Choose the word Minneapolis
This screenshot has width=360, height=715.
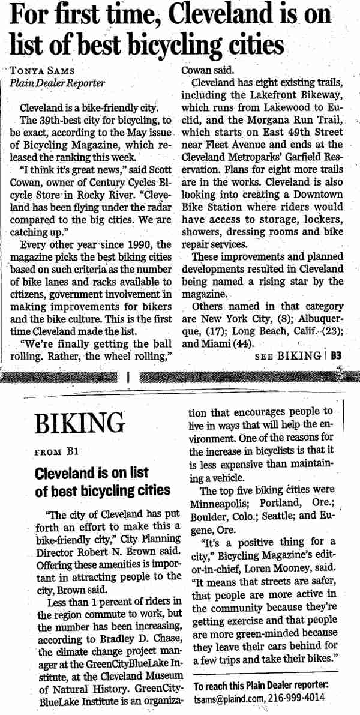(x=218, y=502)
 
